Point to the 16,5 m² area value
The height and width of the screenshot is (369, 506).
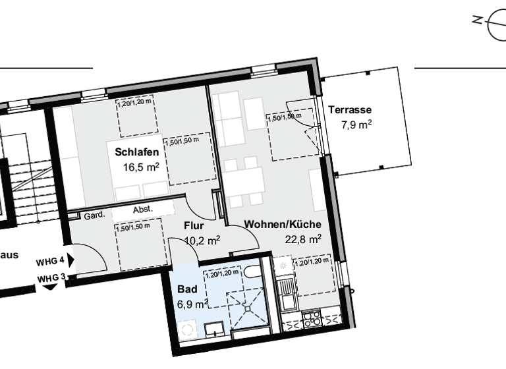point(142,167)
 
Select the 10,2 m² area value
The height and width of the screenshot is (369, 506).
point(202,241)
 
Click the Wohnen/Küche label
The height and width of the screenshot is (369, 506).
point(283,225)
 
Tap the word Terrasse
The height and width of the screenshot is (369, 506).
point(350,110)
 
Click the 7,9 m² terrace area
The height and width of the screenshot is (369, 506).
point(356,125)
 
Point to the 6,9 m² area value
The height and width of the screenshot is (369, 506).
point(192,304)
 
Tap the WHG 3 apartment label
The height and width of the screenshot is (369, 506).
point(52,279)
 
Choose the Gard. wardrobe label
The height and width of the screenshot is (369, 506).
point(93,215)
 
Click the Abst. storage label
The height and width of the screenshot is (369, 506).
point(143,210)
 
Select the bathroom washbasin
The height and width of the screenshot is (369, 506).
point(214,329)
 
